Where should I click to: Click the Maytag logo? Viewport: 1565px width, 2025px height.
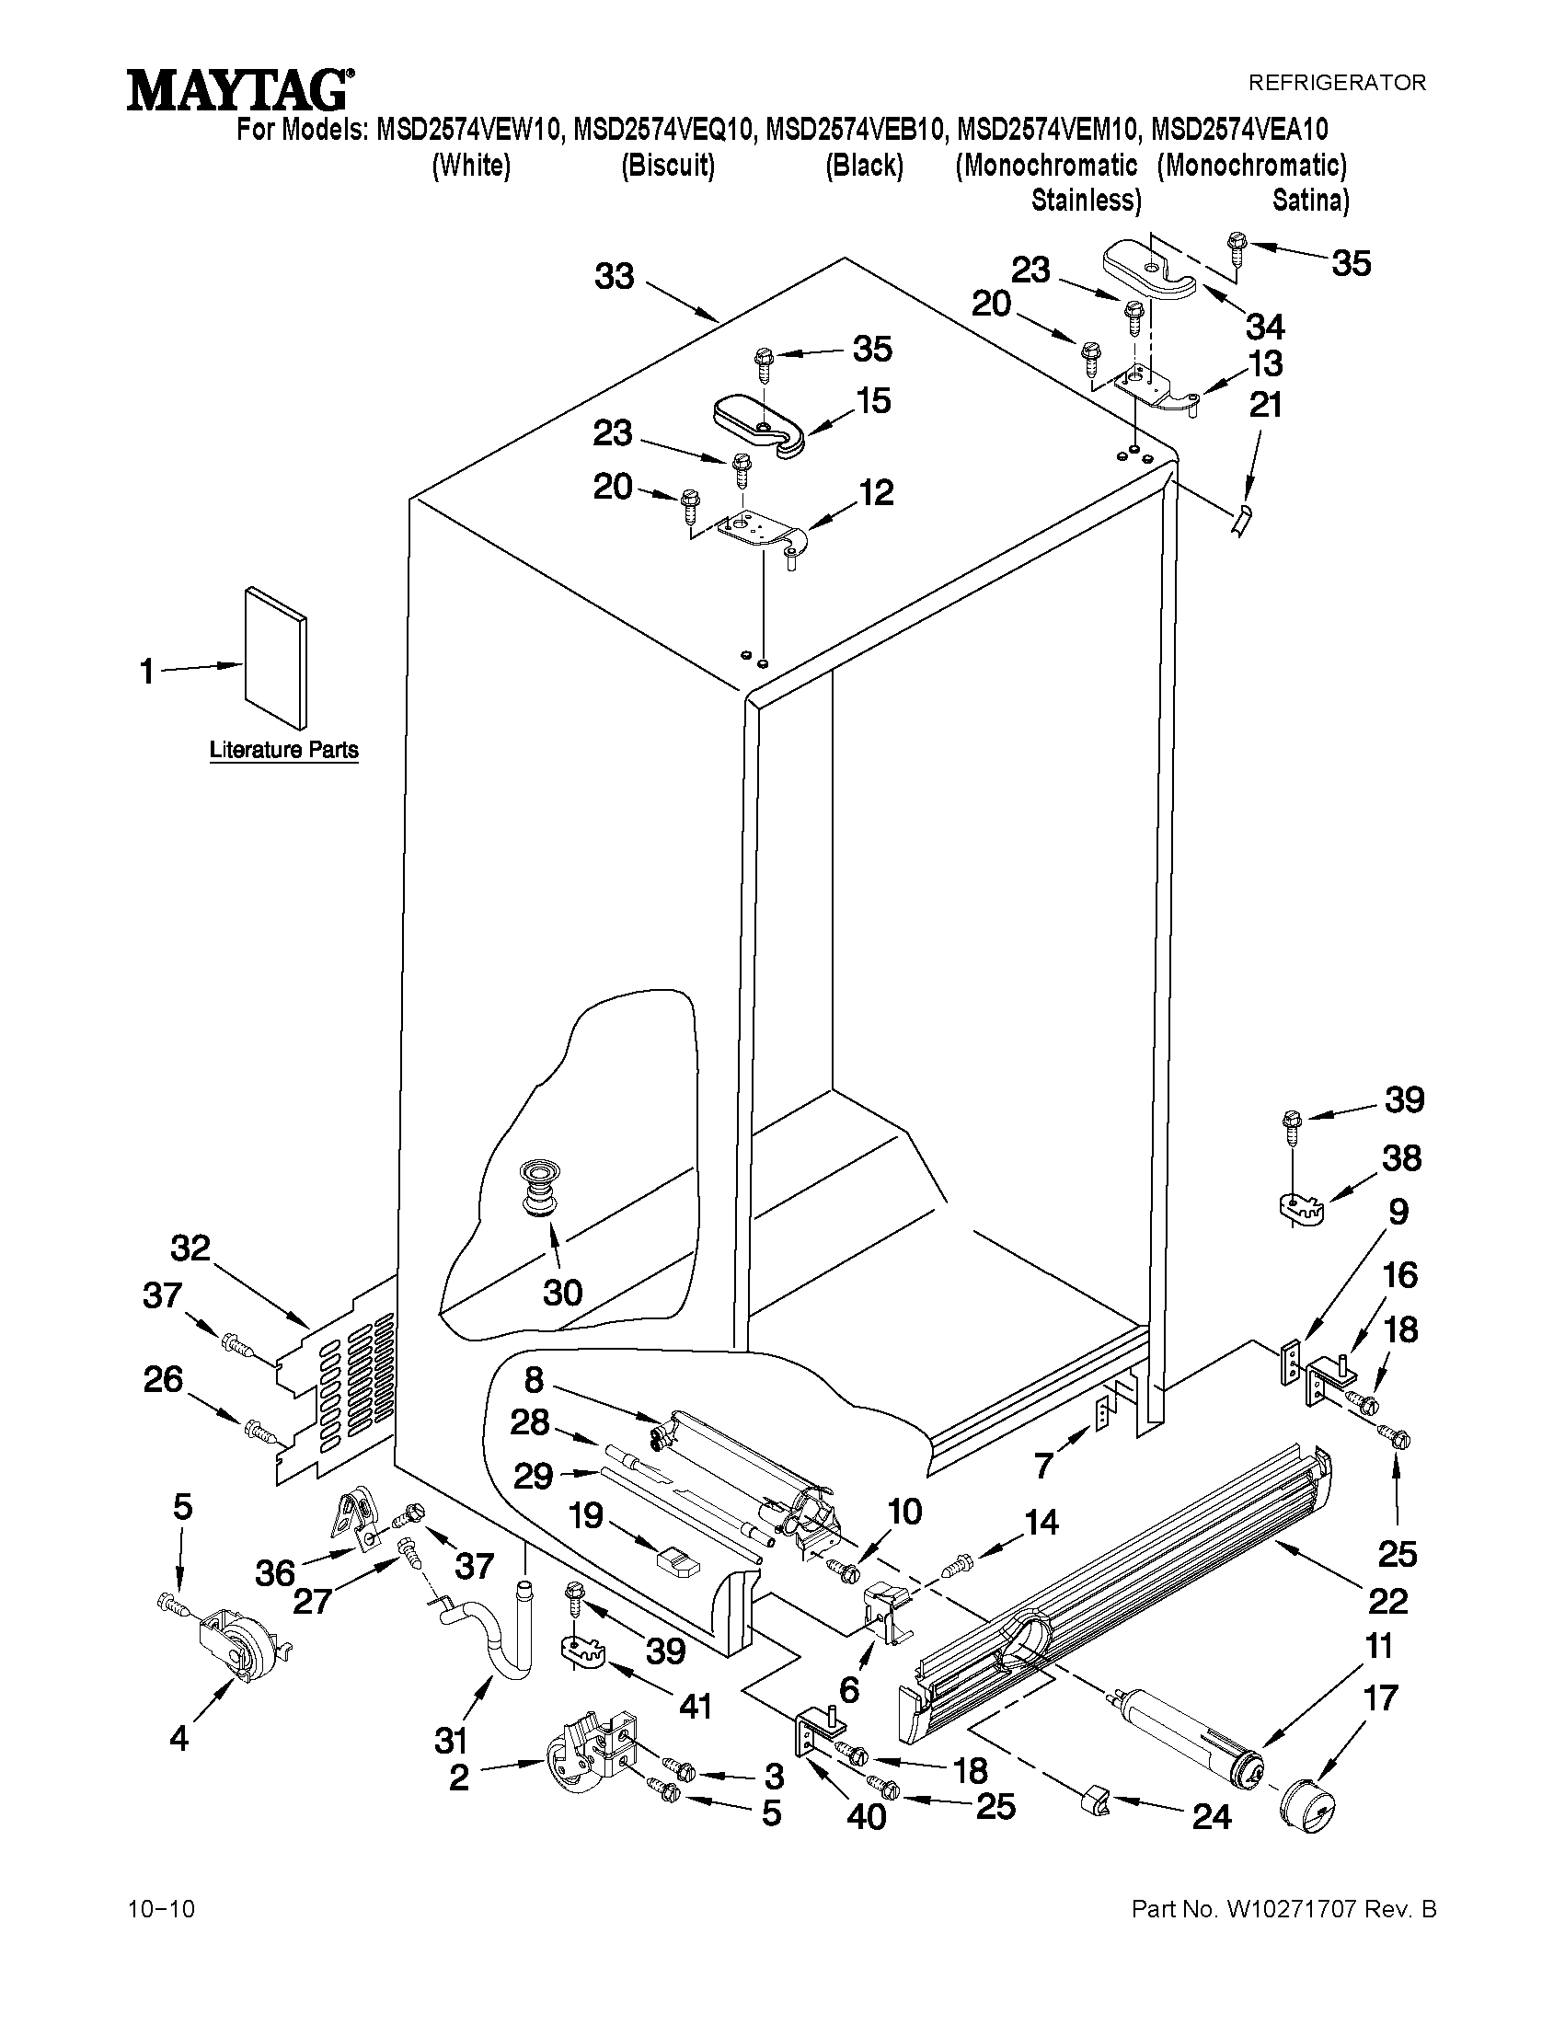coord(239,92)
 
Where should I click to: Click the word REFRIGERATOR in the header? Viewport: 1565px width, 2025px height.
coord(1336,83)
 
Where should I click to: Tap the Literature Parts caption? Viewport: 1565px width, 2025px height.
coord(283,749)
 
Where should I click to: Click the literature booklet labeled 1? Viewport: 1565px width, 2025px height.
coord(275,657)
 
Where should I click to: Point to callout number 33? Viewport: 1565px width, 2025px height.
coord(614,276)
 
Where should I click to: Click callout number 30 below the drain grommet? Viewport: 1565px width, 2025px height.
coord(562,1292)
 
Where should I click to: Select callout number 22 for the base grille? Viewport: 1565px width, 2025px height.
coord(1387,1600)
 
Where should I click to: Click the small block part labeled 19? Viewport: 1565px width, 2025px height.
coord(675,1560)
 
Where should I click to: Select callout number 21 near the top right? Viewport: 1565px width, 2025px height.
coord(1265,405)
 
